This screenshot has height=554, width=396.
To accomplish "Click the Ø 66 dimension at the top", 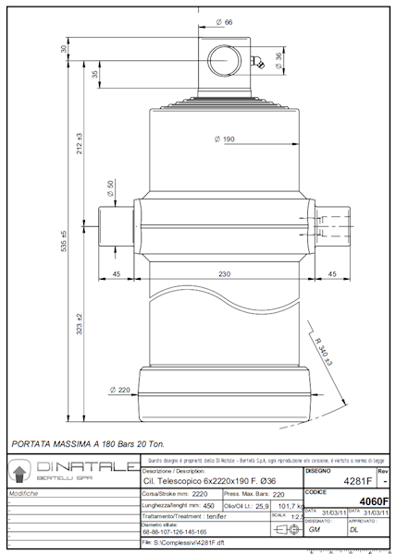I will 223,20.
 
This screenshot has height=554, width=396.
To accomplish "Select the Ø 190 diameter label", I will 223,138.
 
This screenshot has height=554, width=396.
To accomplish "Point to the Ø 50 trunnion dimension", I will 111,188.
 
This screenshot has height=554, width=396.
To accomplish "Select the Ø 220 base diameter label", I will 118,389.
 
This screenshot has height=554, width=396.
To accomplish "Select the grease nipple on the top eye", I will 263,63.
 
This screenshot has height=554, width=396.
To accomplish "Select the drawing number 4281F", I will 357,481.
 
